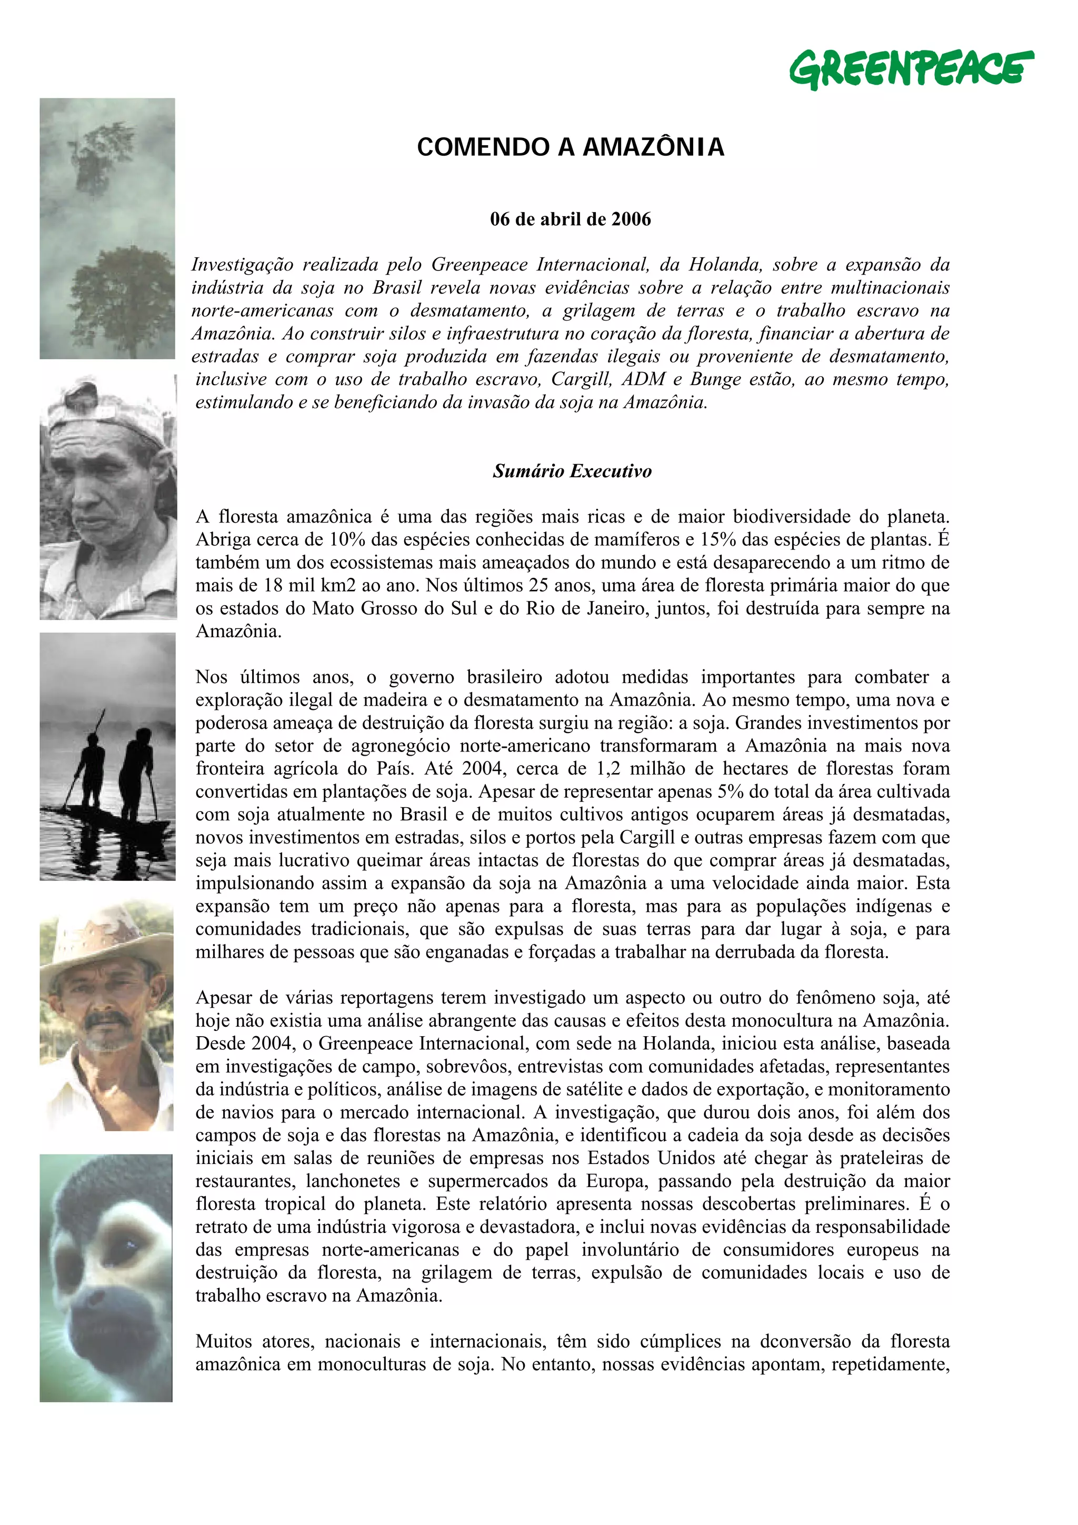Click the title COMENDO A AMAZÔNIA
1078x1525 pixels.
pos(570,147)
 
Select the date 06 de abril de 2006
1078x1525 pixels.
pos(570,219)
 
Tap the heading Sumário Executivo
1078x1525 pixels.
pos(572,471)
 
